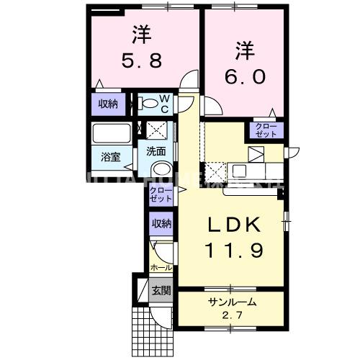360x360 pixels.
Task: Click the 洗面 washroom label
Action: click(x=156, y=151)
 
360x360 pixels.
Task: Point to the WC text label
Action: click(x=163, y=104)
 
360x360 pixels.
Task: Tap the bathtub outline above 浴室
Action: click(x=111, y=133)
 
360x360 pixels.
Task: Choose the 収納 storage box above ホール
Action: click(x=161, y=224)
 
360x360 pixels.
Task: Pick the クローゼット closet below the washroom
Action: click(x=161, y=194)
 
